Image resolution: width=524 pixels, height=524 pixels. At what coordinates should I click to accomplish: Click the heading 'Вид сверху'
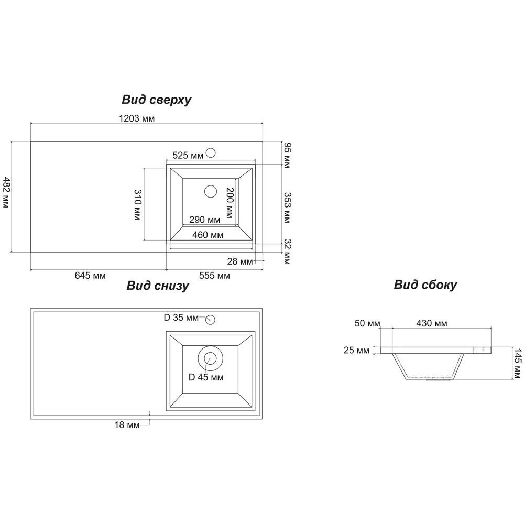tap(156, 100)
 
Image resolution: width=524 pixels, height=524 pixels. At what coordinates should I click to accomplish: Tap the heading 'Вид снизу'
tap(158, 286)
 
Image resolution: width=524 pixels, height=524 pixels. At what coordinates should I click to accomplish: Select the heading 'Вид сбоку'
tap(425, 285)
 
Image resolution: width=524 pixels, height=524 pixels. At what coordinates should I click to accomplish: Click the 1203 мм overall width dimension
tap(137, 118)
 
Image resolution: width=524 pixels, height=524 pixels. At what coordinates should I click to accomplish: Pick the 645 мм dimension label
tap(90, 276)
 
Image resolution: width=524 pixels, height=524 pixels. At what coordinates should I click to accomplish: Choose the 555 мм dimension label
tap(214, 276)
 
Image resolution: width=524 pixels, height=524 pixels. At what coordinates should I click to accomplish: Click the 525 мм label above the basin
tap(188, 156)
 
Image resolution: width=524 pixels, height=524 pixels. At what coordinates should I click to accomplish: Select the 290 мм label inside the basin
tap(204, 220)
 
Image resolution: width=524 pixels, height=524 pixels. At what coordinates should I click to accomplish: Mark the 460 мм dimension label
tap(208, 235)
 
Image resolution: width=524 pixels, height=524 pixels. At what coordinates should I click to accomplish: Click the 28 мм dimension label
tap(240, 261)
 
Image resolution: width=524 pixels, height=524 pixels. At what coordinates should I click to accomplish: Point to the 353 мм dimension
tap(287, 208)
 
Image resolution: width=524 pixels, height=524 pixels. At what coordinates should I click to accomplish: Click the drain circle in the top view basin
tap(211, 191)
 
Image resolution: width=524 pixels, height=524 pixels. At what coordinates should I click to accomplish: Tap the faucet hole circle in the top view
tap(211, 153)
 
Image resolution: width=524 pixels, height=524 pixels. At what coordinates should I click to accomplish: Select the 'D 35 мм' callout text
tap(181, 318)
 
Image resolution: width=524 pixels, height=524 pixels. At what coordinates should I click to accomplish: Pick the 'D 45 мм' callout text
tap(206, 377)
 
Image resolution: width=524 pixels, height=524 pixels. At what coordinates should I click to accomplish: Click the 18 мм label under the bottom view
tap(127, 425)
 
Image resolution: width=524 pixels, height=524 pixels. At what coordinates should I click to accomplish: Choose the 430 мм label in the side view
tap(432, 323)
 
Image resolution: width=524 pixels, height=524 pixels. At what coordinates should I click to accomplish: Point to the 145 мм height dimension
tap(517, 364)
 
